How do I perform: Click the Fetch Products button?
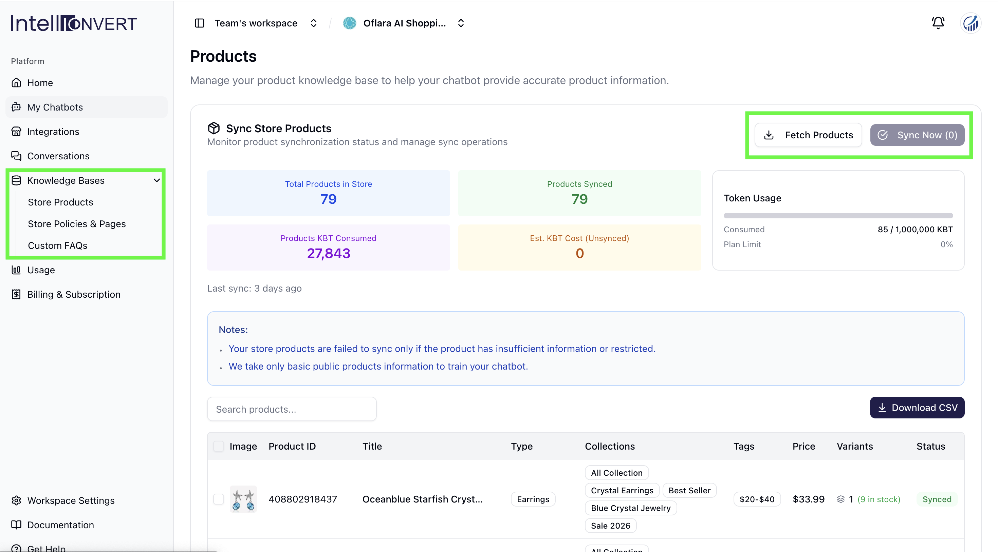click(x=808, y=135)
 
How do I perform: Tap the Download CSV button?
click(x=917, y=408)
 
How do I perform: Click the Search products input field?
click(x=292, y=409)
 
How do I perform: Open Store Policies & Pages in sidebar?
click(x=77, y=224)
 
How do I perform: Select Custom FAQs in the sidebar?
click(x=57, y=245)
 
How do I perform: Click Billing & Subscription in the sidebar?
click(x=74, y=294)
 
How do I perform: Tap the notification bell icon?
click(x=938, y=23)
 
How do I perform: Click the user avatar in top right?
click(x=971, y=23)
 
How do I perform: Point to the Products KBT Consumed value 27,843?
click(x=329, y=253)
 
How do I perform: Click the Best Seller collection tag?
click(x=690, y=490)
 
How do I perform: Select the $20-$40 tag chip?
click(x=757, y=499)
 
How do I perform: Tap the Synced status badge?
click(x=937, y=499)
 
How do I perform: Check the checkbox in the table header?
click(x=219, y=446)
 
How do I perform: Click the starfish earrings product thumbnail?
click(x=243, y=499)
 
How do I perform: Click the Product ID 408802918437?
click(x=303, y=499)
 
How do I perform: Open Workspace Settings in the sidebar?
click(x=71, y=500)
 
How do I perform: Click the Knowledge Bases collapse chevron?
click(x=156, y=180)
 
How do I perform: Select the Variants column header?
click(x=855, y=446)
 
